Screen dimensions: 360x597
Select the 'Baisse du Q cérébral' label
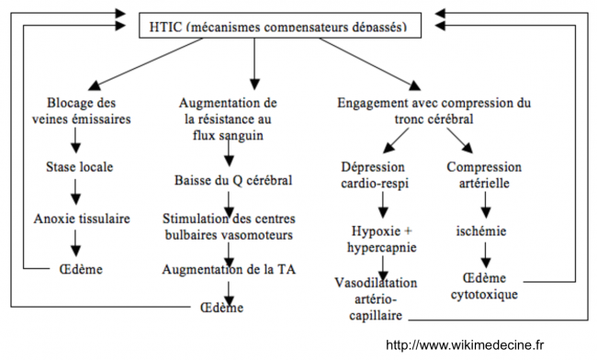tap(232, 180)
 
